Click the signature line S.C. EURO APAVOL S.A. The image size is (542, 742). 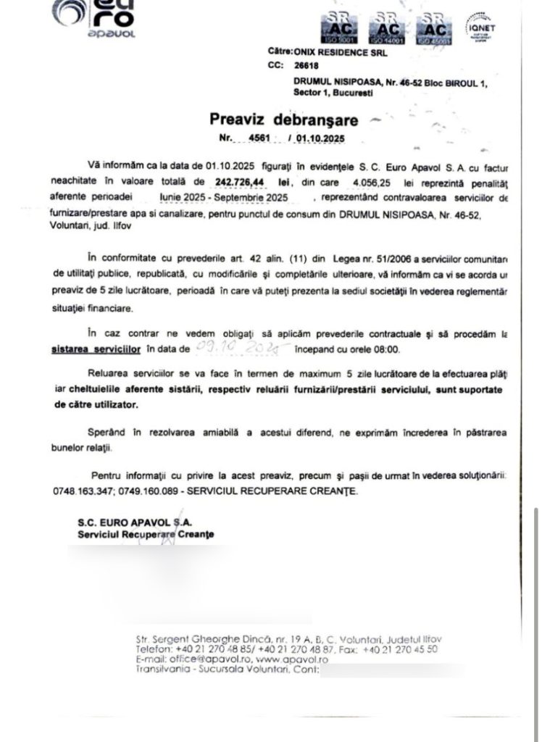(135, 522)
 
